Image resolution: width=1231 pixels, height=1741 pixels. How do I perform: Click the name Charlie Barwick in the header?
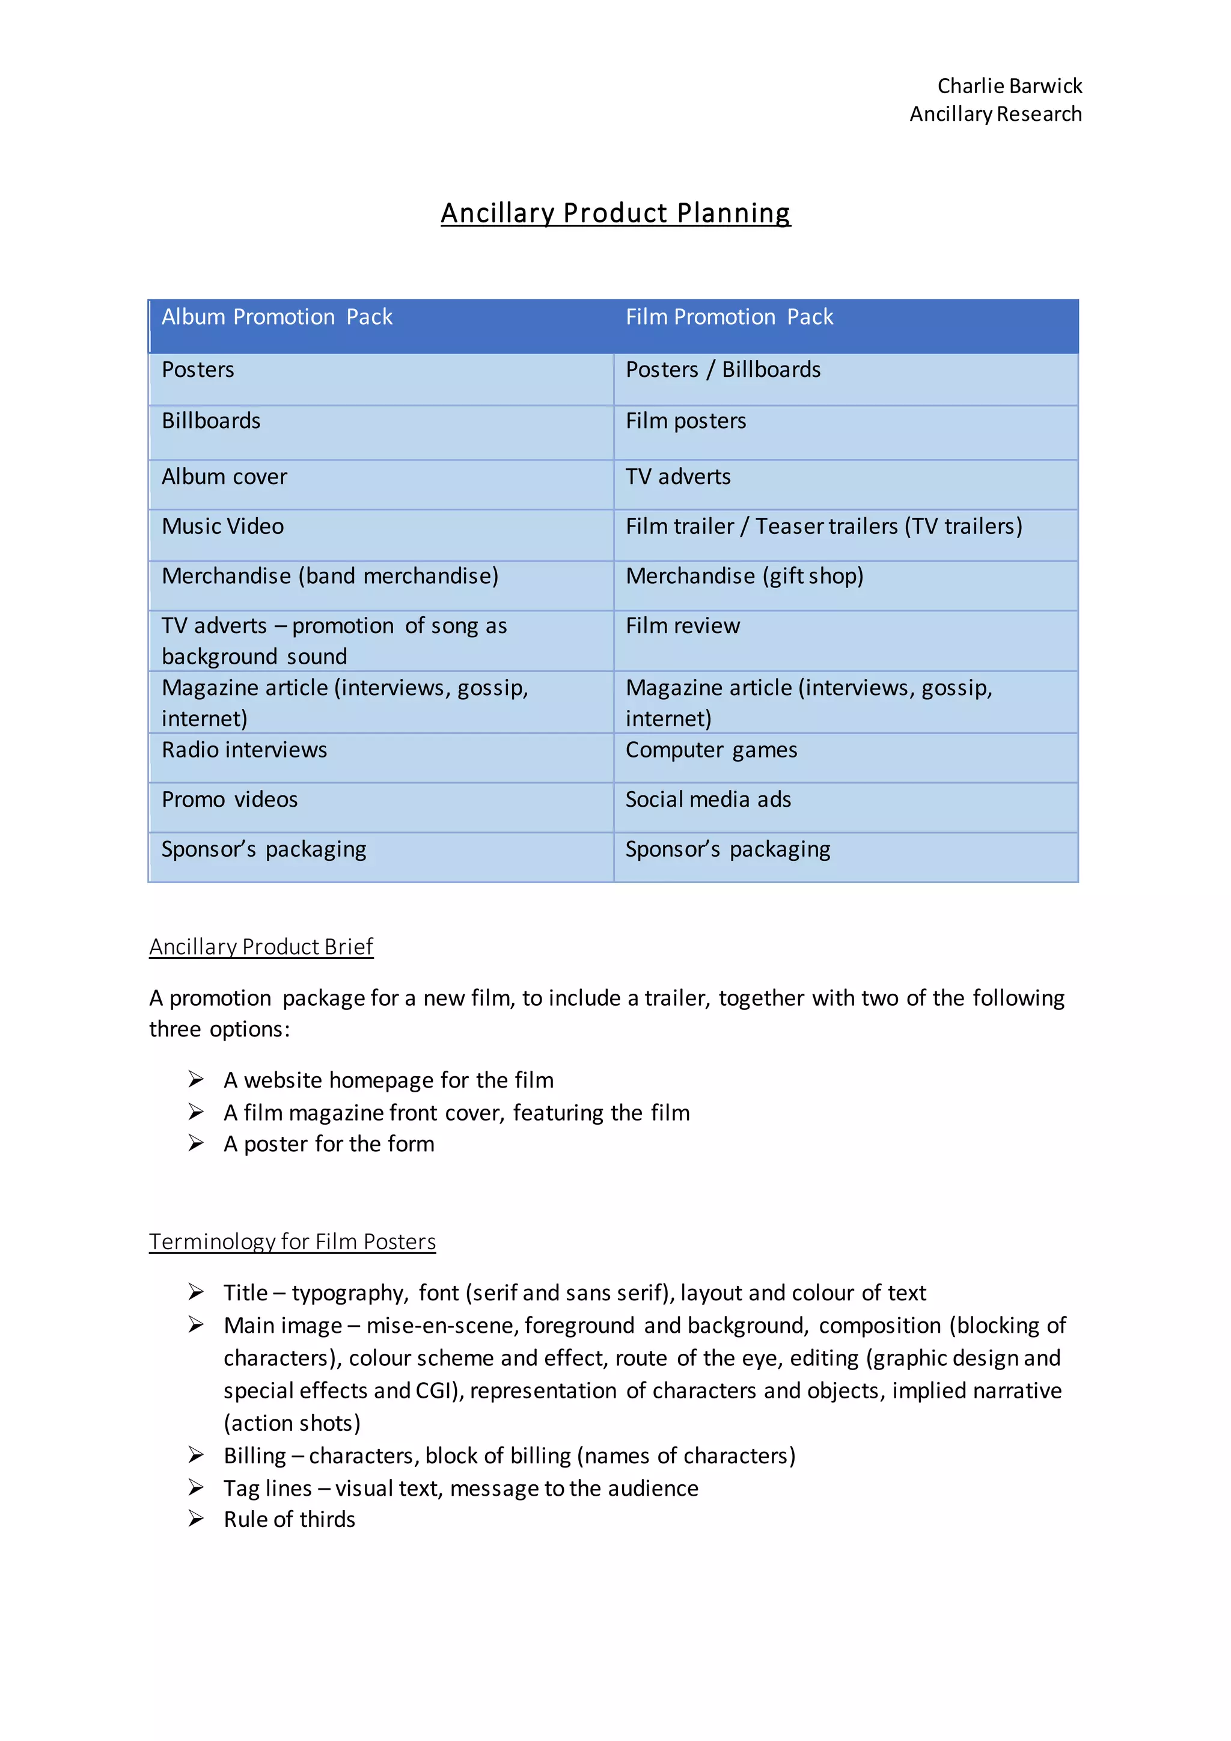[1009, 86]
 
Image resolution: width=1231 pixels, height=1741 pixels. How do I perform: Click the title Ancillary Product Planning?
[615, 213]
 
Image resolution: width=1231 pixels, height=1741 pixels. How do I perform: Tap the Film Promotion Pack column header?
[729, 317]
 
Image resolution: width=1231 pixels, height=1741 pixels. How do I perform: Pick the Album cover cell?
[224, 477]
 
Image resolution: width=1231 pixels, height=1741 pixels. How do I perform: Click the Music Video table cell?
[223, 526]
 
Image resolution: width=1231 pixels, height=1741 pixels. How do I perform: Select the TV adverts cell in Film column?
[677, 477]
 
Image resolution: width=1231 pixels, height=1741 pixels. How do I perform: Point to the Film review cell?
[682, 626]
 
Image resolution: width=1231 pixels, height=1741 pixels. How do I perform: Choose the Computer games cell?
[711, 750]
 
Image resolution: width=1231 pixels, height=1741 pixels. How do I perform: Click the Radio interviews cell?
[244, 750]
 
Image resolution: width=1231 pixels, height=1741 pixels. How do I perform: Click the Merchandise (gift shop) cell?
[744, 577]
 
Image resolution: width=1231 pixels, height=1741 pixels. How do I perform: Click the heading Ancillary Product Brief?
[261, 946]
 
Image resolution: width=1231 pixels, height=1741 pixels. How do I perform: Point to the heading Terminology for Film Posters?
[292, 1241]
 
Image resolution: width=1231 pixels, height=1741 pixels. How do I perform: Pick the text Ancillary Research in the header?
[995, 114]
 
